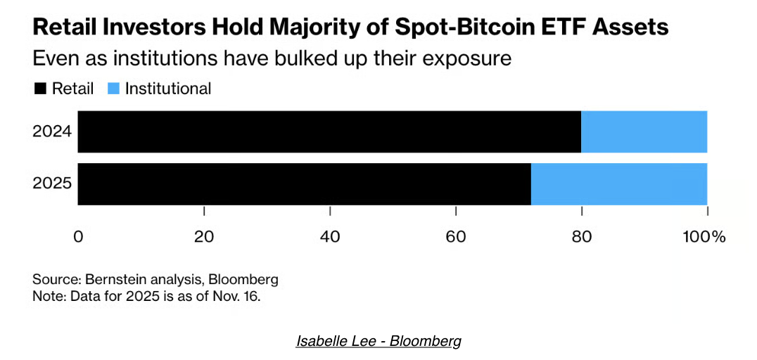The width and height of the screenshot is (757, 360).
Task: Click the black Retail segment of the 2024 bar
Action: pyautogui.click(x=329, y=131)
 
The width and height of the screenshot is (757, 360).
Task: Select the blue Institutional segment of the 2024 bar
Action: pyautogui.click(x=644, y=131)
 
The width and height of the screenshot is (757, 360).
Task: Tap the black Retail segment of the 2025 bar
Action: pyautogui.click(x=304, y=184)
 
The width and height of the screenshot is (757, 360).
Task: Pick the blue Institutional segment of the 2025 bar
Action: pyautogui.click(x=618, y=184)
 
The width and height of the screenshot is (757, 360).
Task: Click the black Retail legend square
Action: pyautogui.click(x=39, y=89)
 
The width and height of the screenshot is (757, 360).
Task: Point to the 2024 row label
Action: pyautogui.click(x=51, y=131)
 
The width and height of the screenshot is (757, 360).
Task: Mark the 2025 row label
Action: pyautogui.click(x=51, y=184)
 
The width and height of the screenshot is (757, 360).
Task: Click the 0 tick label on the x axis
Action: pyautogui.click(x=78, y=237)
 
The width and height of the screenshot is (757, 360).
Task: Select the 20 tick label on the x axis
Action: pyautogui.click(x=204, y=237)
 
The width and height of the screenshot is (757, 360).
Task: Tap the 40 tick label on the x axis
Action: pyautogui.click(x=330, y=237)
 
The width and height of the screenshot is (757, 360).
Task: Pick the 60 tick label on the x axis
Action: pyautogui.click(x=456, y=237)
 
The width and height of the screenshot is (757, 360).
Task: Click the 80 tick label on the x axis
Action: pyautogui.click(x=582, y=237)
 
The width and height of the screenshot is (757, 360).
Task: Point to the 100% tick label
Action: pyautogui.click(x=704, y=237)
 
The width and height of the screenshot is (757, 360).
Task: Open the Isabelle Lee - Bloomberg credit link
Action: pyautogui.click(x=378, y=342)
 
